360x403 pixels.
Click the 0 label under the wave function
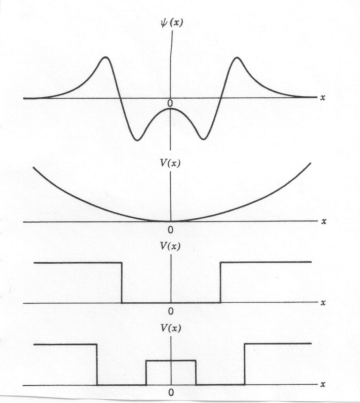[x=171, y=104]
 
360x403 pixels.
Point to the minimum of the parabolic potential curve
[x=171, y=221]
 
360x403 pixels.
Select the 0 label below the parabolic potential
[x=171, y=232]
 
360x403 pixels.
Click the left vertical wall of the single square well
[x=122, y=282]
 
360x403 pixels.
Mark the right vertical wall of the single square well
[x=220, y=282]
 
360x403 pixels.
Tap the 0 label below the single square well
[x=171, y=312]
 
